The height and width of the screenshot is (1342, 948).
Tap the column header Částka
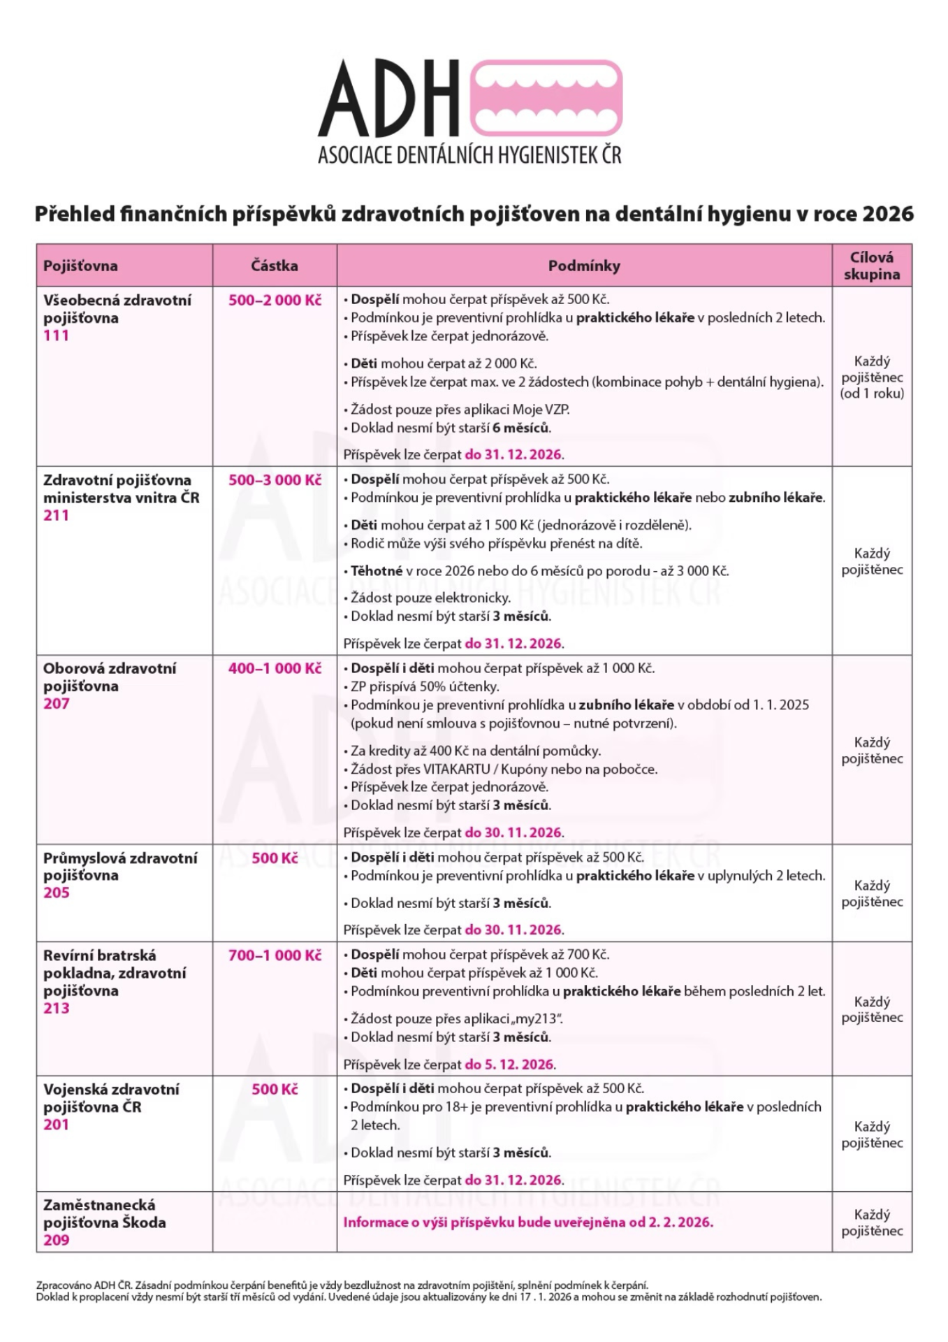point(275,266)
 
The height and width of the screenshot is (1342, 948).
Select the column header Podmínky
point(584,266)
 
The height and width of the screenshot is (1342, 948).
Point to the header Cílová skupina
point(871,266)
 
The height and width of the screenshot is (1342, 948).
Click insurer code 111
point(57,335)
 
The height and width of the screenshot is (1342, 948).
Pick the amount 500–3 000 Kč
point(275,480)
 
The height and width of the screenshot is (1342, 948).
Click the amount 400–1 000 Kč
point(275,668)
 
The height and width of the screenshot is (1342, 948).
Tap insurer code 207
point(57,704)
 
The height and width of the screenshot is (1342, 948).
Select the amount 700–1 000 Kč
point(275,955)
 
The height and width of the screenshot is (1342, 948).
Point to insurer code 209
point(57,1240)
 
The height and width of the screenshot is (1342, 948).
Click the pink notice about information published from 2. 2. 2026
point(528,1222)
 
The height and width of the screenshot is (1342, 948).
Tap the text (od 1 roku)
point(872,394)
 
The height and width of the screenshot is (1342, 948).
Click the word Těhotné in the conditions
point(377,571)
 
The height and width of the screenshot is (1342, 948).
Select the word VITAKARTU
point(457,770)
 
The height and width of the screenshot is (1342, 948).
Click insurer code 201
point(57,1125)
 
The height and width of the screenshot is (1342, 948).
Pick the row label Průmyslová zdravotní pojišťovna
point(119,866)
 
